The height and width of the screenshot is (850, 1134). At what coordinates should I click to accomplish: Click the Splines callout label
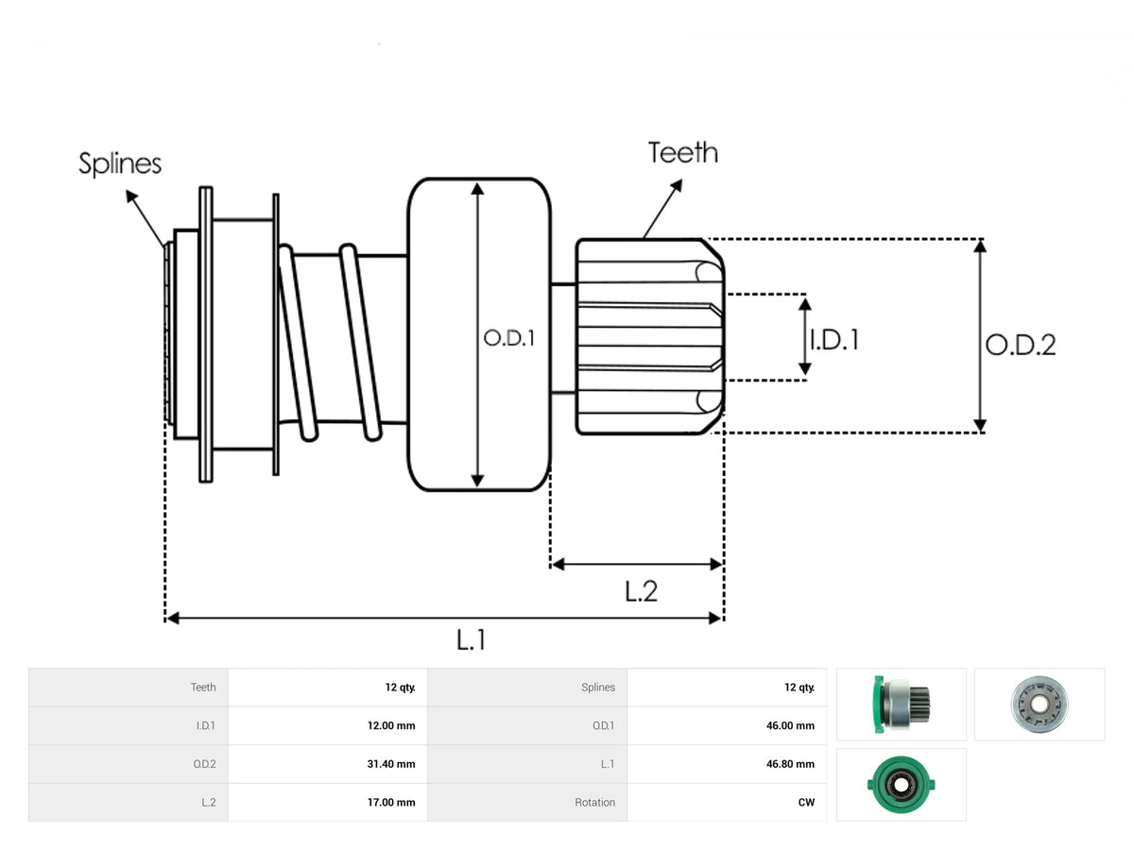[120, 164]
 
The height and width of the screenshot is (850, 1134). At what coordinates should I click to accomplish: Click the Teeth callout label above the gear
[683, 153]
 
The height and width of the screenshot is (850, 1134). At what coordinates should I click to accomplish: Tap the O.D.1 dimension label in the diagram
[508, 338]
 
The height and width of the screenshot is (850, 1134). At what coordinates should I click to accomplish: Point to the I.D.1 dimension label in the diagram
[834, 340]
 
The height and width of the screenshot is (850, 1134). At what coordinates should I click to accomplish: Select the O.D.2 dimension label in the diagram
[1021, 346]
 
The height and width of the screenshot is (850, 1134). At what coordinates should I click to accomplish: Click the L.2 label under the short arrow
[641, 591]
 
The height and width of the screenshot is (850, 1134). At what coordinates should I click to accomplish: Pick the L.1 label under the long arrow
[472, 640]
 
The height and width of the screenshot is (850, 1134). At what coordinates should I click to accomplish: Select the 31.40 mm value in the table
[391, 764]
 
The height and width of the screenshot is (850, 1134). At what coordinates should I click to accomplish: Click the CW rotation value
[806, 803]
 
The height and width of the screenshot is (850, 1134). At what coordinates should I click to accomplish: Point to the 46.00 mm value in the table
[790, 725]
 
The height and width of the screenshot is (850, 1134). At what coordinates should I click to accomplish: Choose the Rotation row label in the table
[594, 803]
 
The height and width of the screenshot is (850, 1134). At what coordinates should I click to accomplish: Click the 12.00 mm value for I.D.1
[391, 725]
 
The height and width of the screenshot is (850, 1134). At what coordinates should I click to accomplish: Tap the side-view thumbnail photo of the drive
[901, 705]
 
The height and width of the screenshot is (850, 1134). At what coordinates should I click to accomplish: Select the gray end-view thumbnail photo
[1039, 705]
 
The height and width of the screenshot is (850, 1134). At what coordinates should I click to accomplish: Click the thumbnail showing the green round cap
[901, 785]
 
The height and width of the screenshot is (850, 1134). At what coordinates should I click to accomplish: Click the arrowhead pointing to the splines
[131, 196]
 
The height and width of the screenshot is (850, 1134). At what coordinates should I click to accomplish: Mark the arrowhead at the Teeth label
[677, 185]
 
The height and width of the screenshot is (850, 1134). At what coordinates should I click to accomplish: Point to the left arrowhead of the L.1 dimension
[173, 619]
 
